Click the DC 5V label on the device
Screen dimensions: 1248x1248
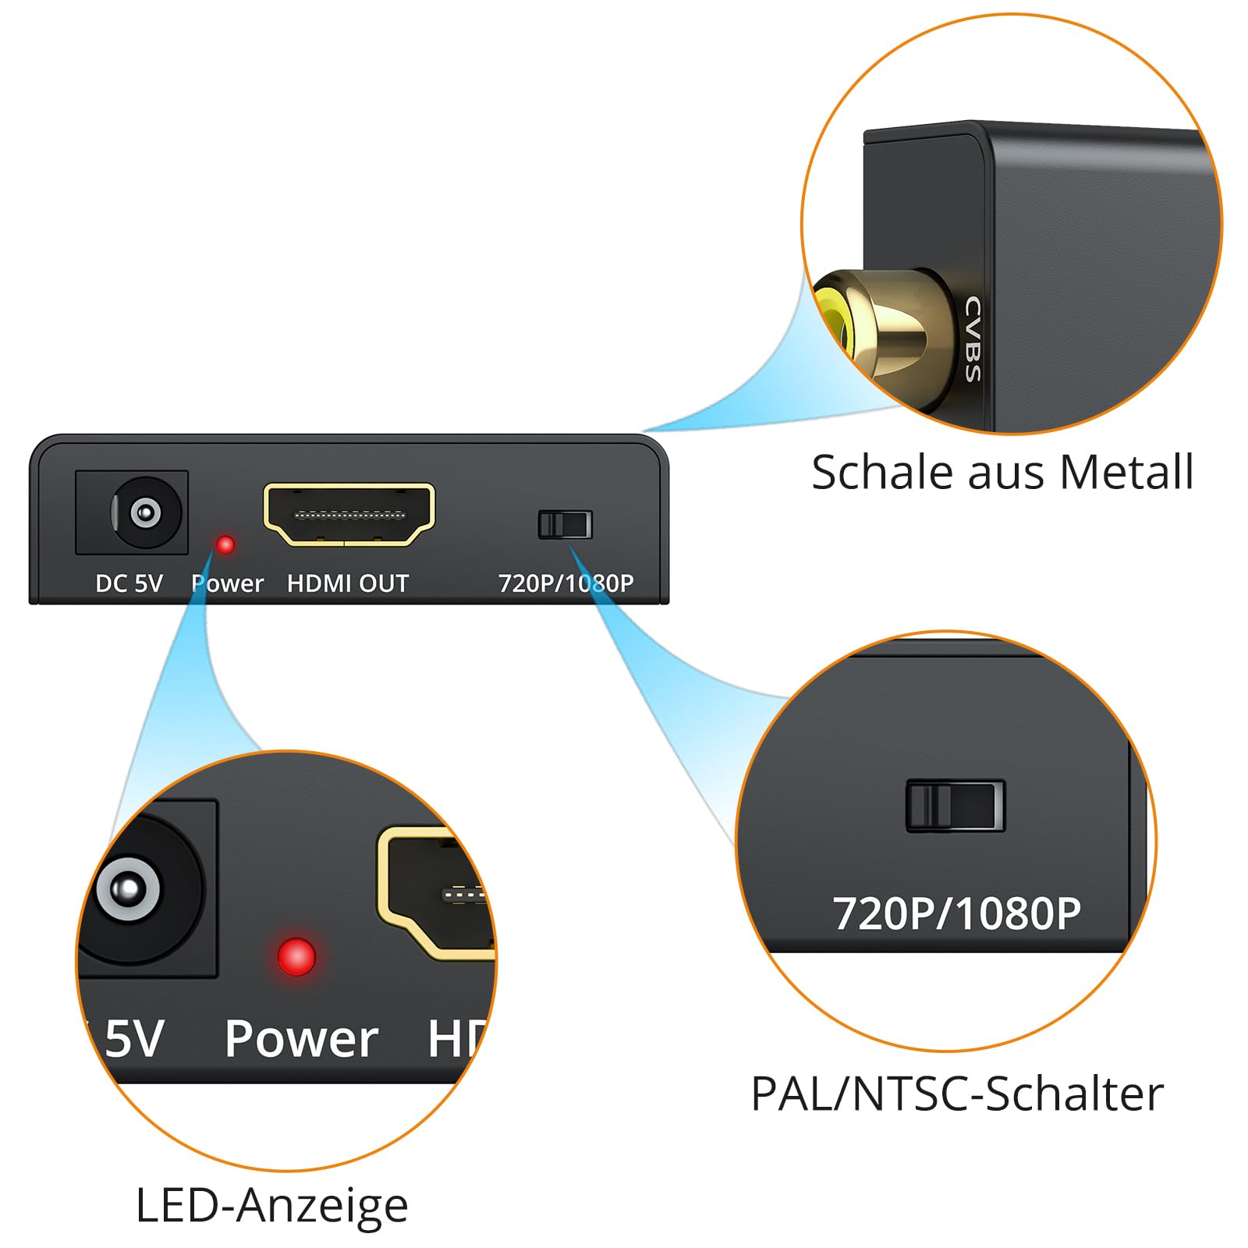[129, 583]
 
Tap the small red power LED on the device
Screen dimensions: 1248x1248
[225, 544]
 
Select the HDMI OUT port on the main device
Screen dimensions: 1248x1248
[349, 515]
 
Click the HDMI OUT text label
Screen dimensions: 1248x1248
[348, 583]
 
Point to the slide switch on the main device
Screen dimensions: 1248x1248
[565, 524]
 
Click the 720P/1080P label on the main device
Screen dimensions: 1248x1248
[565, 583]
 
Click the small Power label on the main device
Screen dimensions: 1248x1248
[227, 583]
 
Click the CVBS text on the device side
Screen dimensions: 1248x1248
[973, 339]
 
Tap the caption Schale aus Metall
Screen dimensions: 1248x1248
[1002, 472]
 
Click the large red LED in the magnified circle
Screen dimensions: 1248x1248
[296, 956]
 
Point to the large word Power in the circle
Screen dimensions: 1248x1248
[301, 1039]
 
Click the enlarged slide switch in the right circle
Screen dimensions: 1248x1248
[955, 805]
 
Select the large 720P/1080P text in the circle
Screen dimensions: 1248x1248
[957, 913]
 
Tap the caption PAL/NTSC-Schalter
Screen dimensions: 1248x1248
[957, 1094]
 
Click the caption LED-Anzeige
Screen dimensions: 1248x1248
[271, 1206]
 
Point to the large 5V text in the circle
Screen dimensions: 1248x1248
[134, 1039]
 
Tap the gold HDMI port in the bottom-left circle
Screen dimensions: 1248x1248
[435, 893]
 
